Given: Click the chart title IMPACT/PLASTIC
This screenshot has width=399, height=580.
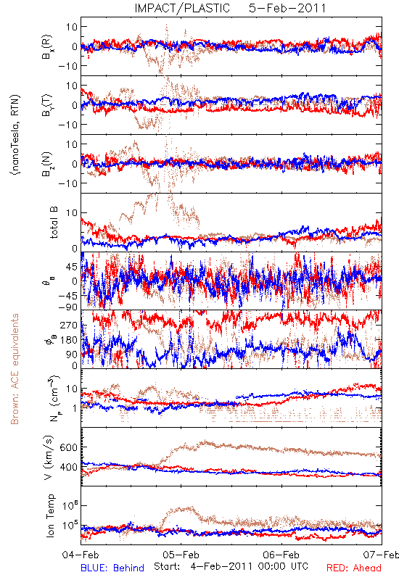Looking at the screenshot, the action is click(x=182, y=8).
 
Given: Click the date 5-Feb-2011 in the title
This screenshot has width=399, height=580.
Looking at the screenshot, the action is click(x=287, y=8).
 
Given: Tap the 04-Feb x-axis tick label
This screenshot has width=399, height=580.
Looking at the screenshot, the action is click(x=81, y=555).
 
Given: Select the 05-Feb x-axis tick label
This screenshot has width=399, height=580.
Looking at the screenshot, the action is click(x=181, y=555).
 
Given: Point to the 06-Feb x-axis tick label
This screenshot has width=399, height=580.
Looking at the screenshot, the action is click(x=281, y=555).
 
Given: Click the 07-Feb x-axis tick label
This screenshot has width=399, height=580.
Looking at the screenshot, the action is click(x=381, y=555).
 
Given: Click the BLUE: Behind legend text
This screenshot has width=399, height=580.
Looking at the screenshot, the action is click(x=112, y=568).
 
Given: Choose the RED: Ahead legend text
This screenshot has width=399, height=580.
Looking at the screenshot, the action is click(x=354, y=568).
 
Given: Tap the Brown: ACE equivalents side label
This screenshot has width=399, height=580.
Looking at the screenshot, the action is click(x=15, y=369).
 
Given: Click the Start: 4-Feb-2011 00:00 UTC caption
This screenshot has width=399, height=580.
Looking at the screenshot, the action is click(x=231, y=566).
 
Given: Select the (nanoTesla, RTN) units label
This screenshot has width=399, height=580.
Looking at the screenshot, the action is click(x=15, y=135).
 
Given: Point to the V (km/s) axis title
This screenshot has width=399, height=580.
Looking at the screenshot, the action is click(x=49, y=457).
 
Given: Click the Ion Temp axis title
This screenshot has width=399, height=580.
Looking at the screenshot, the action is click(x=50, y=515).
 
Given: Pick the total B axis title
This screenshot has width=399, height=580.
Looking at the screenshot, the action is click(x=54, y=223).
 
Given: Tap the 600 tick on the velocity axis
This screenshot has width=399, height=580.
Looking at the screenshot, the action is click(x=69, y=447).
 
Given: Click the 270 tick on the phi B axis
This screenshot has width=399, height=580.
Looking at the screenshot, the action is click(x=69, y=325).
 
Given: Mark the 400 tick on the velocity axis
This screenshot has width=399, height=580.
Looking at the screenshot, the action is click(x=69, y=467).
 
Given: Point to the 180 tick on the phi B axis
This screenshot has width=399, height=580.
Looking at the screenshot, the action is click(x=69, y=340).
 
